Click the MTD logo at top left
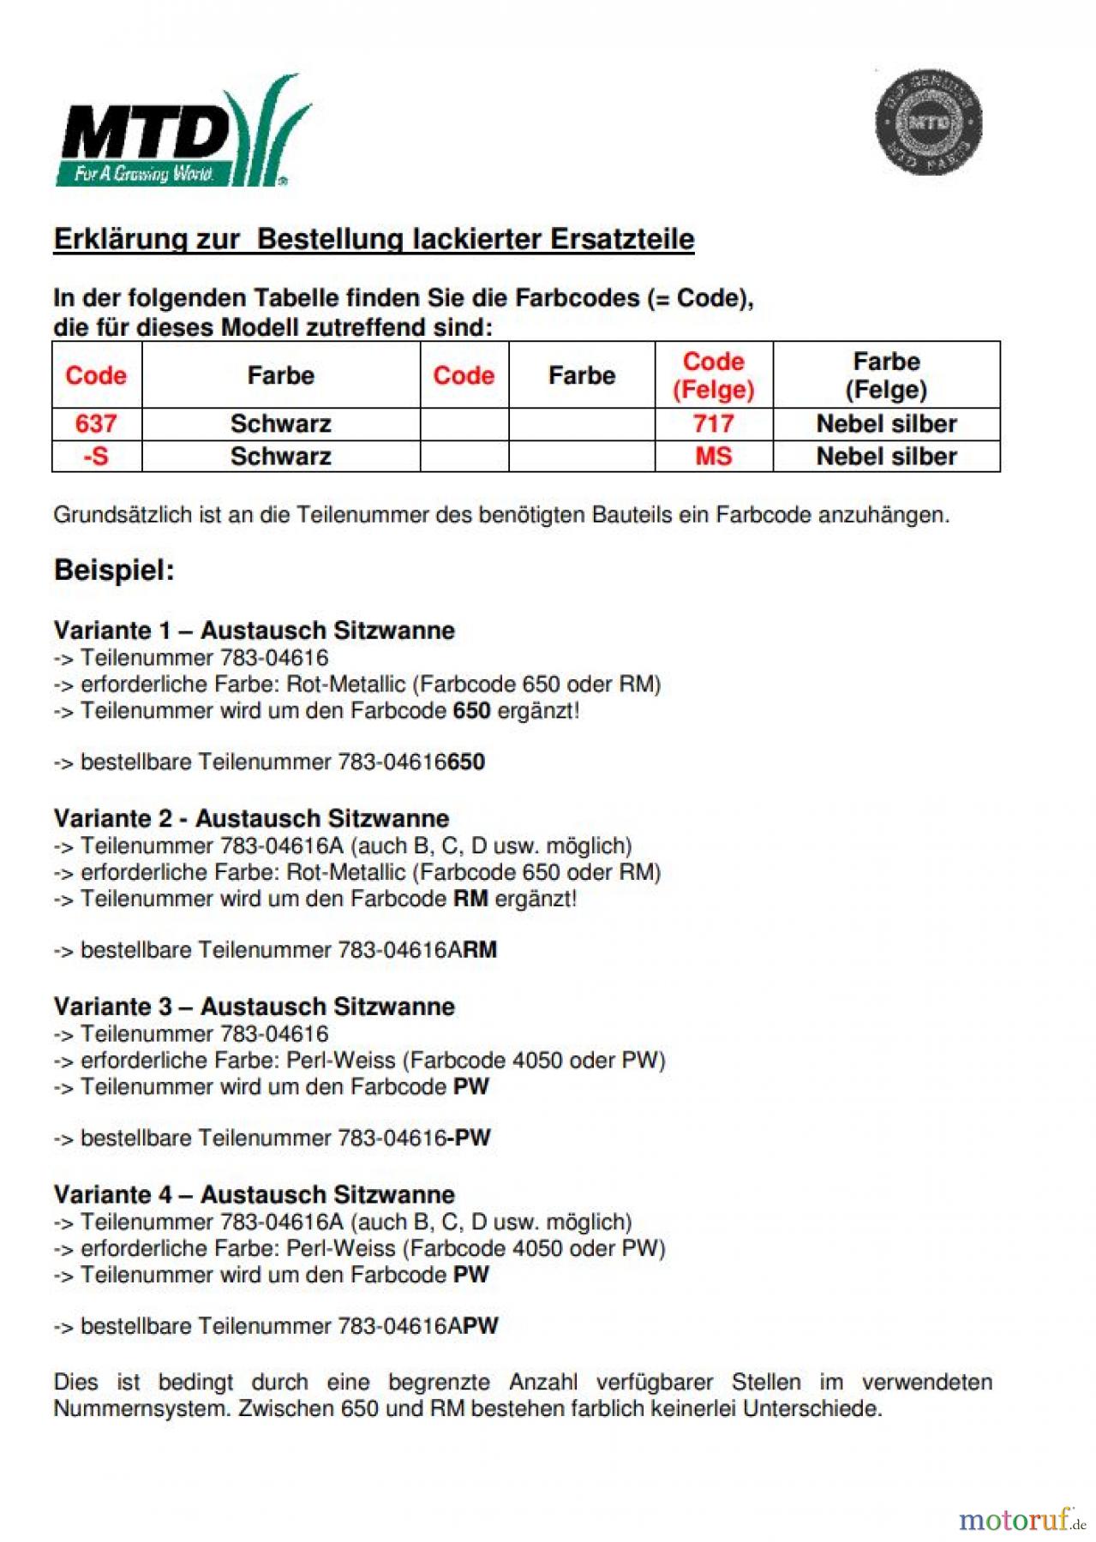[183, 133]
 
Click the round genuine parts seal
[928, 122]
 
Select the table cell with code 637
[96, 423]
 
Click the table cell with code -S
[96, 456]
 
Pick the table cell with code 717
[713, 423]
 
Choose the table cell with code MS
[713, 456]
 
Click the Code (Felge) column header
[713, 375]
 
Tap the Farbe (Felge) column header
[886, 375]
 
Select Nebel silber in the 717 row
[886, 423]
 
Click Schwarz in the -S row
[280, 456]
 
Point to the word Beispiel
[114, 571]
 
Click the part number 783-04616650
[411, 762]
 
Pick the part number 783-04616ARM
[417, 950]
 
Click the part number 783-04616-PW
[414, 1139]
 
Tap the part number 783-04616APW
[417, 1326]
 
